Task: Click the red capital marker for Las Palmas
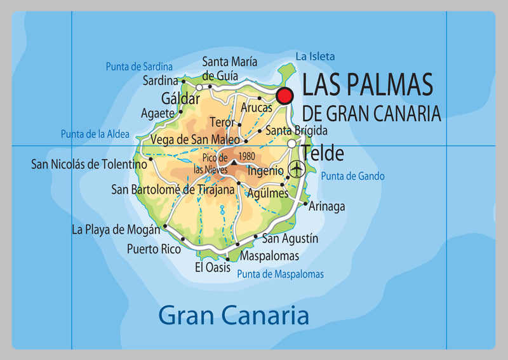284,96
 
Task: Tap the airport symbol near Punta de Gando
296,169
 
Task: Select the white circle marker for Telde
291,144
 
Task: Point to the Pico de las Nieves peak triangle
234,163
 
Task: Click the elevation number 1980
246,156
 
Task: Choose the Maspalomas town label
269,256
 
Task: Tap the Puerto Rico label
154,249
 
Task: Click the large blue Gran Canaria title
233,315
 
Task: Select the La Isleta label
315,57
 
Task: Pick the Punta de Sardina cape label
139,66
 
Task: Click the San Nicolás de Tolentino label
89,164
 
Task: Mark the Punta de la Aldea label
95,134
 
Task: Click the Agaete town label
157,114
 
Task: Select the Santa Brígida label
297,131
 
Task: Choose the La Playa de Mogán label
116,229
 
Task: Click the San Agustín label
290,239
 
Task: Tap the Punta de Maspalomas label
280,274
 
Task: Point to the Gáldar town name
180,99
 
